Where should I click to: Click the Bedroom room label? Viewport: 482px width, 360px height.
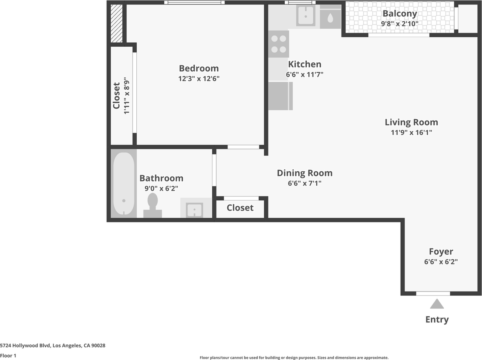pyautogui.click(x=199, y=68)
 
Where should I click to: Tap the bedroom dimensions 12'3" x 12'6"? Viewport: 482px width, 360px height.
pyautogui.click(x=199, y=78)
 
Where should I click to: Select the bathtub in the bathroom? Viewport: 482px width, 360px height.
pyautogui.click(x=124, y=183)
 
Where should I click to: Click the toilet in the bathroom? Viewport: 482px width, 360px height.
pyautogui.click(x=153, y=205)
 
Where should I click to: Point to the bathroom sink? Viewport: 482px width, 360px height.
pyautogui.click(x=194, y=210)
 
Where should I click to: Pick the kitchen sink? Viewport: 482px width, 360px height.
pyautogui.click(x=306, y=15)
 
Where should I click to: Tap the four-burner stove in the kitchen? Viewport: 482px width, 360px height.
pyautogui.click(x=279, y=44)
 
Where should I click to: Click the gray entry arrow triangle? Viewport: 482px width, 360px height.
pyautogui.click(x=437, y=304)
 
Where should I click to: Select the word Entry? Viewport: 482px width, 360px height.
pyautogui.click(x=437, y=320)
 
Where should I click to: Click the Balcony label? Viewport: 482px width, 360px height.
pyautogui.click(x=400, y=14)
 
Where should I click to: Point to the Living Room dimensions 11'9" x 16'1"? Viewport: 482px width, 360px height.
pyautogui.click(x=411, y=133)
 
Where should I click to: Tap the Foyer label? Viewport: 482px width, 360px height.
pyautogui.click(x=441, y=252)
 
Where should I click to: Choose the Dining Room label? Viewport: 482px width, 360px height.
pyautogui.click(x=305, y=173)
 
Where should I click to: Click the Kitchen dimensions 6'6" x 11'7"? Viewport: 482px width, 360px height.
pyautogui.click(x=305, y=75)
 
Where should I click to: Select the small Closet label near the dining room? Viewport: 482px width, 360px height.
pyautogui.click(x=240, y=207)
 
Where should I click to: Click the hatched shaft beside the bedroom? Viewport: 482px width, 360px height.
pyautogui.click(x=116, y=23)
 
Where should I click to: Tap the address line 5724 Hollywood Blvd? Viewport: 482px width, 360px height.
pyautogui.click(x=53, y=346)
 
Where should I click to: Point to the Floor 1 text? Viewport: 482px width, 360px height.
pyautogui.click(x=8, y=355)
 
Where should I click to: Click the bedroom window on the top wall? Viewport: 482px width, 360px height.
pyautogui.click(x=194, y=2)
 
